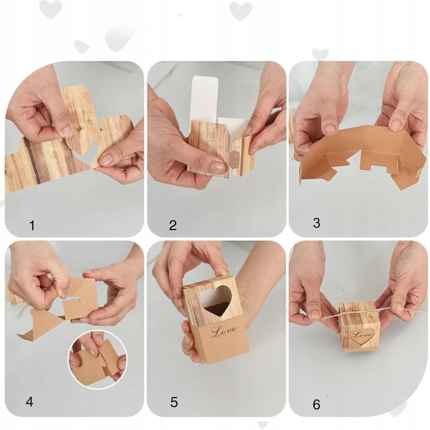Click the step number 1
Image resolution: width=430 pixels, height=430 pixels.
(x=32, y=226)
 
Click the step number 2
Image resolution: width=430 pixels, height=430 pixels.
(x=173, y=225)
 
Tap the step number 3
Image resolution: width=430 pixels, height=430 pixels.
(x=317, y=223)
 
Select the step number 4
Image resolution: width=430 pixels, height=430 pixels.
(x=29, y=402)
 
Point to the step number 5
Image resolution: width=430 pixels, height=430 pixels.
(x=174, y=402)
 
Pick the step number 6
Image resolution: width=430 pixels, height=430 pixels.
(x=317, y=405)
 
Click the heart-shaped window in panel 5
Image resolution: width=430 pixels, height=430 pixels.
(x=215, y=300)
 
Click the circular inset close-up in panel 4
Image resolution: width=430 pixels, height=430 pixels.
(x=98, y=359)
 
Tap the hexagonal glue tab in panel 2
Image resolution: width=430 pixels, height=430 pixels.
(x=235, y=158)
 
